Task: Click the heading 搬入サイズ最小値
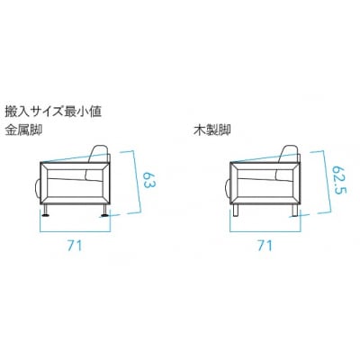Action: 53,112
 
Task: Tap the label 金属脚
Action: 23,130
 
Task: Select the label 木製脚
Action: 212,130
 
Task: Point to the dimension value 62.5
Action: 339,179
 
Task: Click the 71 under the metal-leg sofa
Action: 75,246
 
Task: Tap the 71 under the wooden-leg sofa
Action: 265,246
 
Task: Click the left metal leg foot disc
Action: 46,215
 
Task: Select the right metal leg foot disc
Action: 105,215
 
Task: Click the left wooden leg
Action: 236,210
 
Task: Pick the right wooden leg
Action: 294,210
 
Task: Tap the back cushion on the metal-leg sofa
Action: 99,164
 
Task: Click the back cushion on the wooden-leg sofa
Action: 288,164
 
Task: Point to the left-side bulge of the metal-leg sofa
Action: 38,188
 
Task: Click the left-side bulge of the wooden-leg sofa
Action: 227,188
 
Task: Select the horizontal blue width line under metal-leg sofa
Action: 76,231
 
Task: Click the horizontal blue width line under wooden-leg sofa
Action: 265,231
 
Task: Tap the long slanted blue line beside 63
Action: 137,182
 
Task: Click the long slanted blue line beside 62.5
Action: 327,182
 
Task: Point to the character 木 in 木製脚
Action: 200,130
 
